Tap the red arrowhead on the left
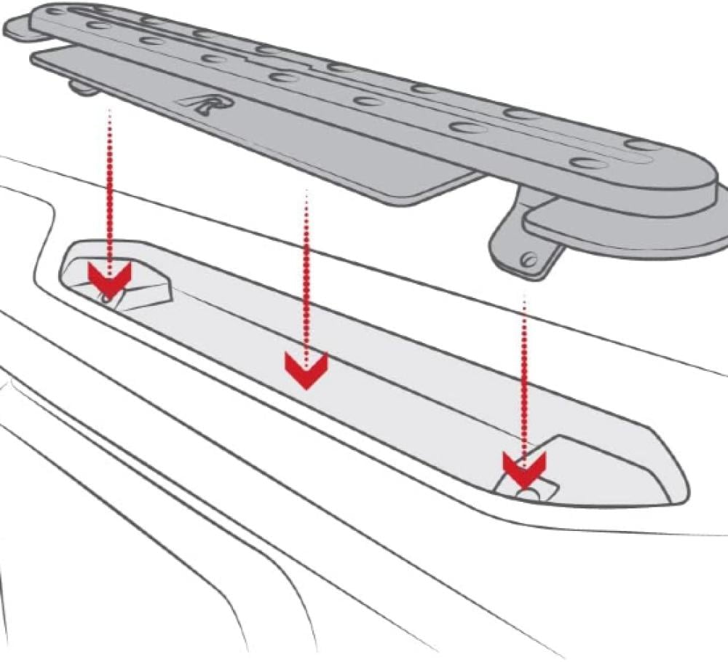pos(108,276)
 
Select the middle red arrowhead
pos(306,368)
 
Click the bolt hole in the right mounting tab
pos(531,259)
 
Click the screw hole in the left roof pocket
pos(108,297)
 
